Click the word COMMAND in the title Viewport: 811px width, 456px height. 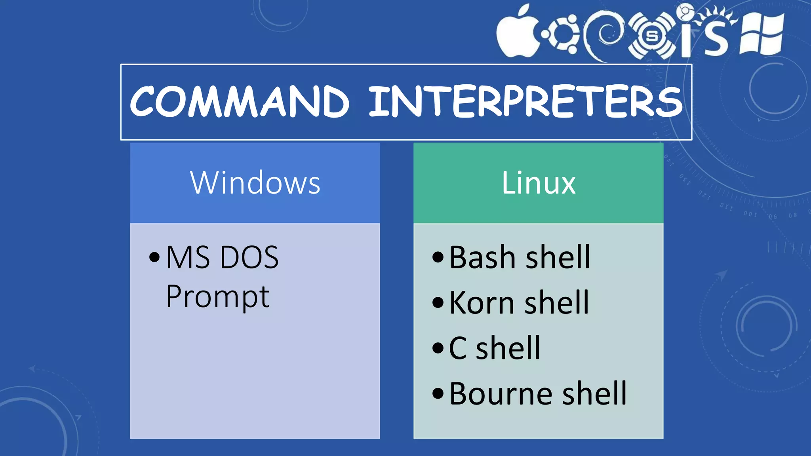[239, 102]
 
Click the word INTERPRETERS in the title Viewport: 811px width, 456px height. [525, 102]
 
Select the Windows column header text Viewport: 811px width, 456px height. [255, 183]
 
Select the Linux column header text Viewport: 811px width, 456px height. [538, 183]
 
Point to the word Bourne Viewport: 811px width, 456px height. [499, 394]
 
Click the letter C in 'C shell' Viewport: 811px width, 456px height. [458, 348]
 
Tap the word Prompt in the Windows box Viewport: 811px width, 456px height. [217, 297]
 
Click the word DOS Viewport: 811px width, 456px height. [249, 258]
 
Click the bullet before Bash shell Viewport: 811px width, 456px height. [438, 258]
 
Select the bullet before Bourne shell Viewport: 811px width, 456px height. [438, 394]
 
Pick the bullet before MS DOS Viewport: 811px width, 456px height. [154, 258]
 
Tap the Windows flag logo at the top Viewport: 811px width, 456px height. [762, 34]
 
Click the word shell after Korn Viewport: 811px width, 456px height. [557, 303]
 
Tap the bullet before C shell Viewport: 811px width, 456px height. [438, 348]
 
